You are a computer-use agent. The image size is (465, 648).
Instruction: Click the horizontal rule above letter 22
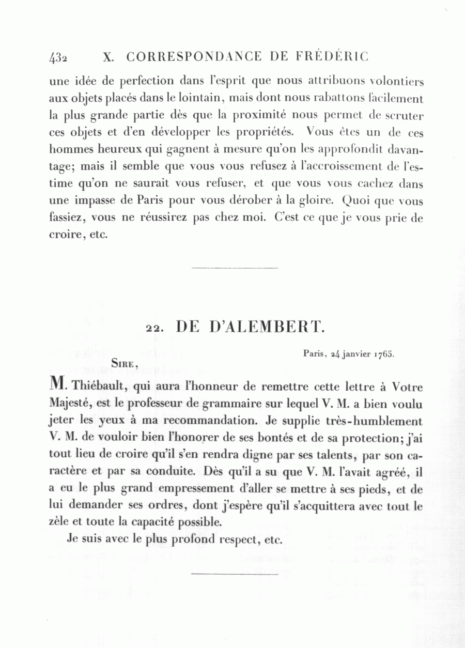235,268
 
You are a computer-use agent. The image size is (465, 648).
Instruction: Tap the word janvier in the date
351,355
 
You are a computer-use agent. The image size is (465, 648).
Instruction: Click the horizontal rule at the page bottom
235,573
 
